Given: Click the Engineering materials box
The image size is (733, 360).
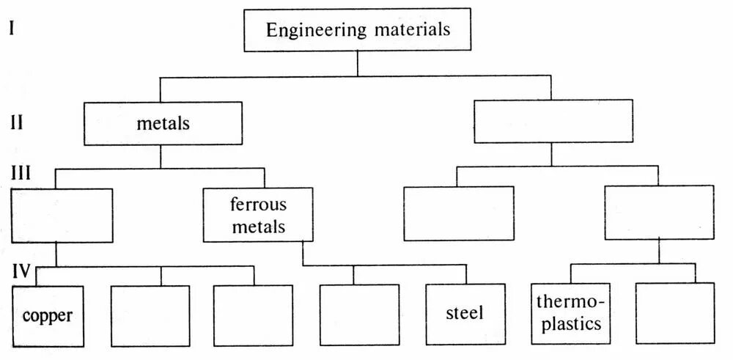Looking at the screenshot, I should (357, 31).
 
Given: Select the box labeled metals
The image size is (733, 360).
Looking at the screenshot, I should (163, 123).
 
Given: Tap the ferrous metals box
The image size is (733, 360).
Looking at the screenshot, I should (258, 214).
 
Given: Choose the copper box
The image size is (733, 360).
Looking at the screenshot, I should (48, 315).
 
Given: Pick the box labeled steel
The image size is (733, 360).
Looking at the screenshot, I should (465, 314).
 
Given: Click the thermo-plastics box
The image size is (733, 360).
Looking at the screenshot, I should (569, 314).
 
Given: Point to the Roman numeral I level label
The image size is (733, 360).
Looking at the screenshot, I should (12, 29).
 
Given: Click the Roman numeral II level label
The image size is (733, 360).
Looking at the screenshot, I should (17, 122).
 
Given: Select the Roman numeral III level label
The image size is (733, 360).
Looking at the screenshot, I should (21, 174).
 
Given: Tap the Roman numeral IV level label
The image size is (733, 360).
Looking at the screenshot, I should (21, 272).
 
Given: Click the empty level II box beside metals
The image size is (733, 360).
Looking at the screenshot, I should (553, 122).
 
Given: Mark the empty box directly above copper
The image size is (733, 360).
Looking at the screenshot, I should (62, 215).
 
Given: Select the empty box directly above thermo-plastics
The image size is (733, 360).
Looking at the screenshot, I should (658, 213).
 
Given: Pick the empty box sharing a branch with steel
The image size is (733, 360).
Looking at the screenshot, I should (359, 315).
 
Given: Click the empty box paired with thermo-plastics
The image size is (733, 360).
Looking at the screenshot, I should (675, 314).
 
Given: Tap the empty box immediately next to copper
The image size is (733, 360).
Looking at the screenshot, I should (150, 315).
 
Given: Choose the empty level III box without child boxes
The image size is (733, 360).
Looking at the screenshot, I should (458, 213).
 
